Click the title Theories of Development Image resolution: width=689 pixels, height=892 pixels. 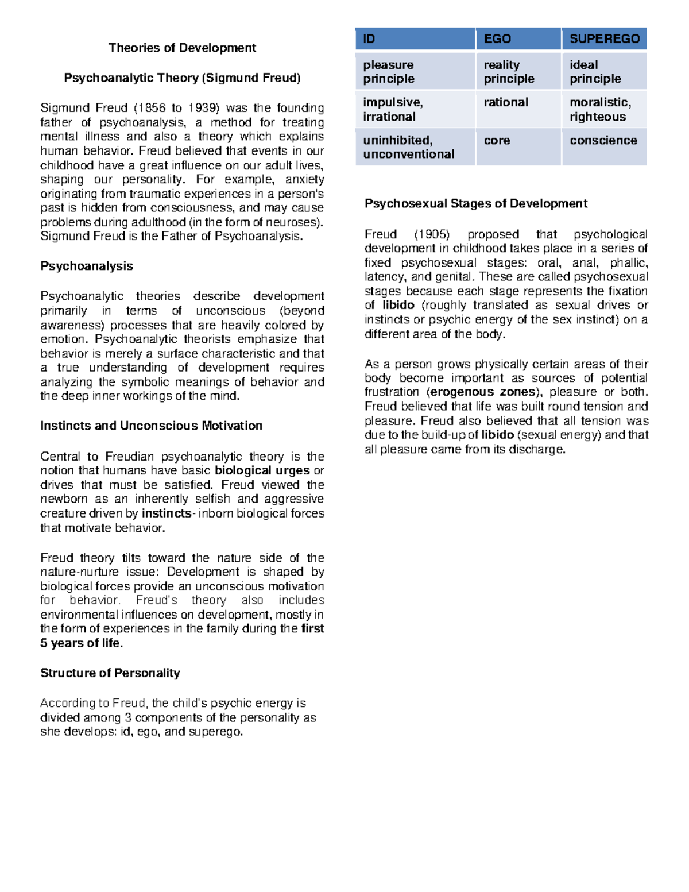(182, 48)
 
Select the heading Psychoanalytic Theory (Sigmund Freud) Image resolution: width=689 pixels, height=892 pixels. (182, 78)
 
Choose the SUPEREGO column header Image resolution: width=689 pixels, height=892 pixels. (604, 39)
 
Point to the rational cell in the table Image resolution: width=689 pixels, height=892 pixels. (506, 102)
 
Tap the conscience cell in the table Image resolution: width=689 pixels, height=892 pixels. (603, 140)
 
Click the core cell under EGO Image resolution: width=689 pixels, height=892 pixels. (497, 140)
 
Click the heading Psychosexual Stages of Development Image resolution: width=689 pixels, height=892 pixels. (476, 203)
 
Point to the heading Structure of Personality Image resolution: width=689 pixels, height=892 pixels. (110, 673)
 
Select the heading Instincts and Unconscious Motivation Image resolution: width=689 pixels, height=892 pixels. (151, 426)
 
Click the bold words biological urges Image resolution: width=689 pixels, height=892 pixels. (262, 470)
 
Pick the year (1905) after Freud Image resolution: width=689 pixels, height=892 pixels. (432, 234)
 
